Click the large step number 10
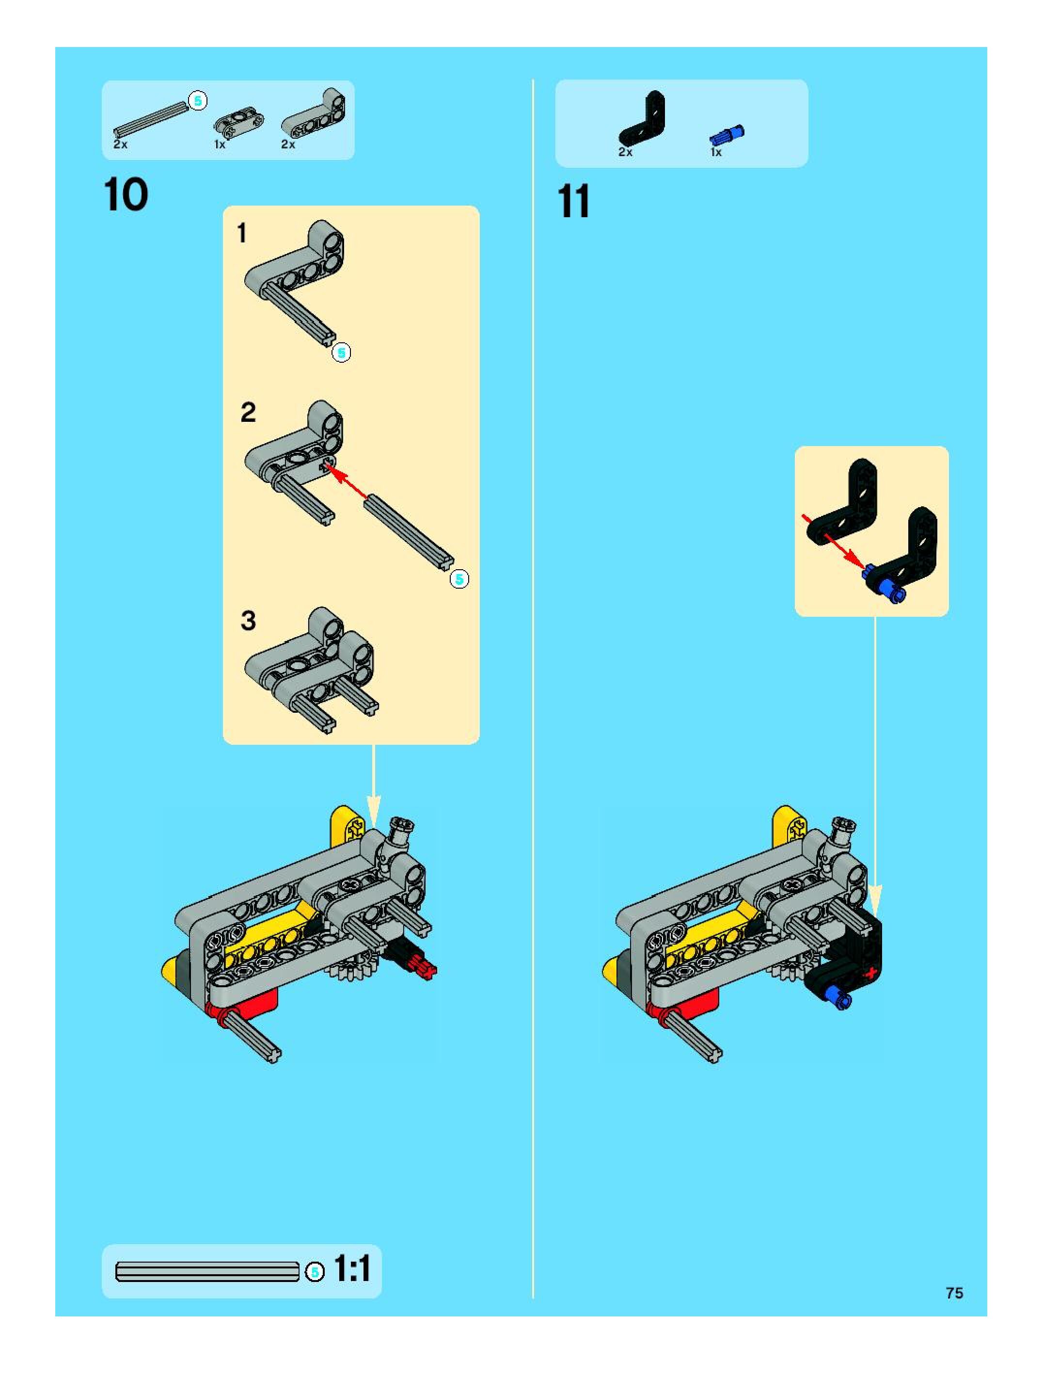click(126, 195)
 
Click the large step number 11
click(573, 202)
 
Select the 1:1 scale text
click(352, 1268)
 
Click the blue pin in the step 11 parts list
click(727, 135)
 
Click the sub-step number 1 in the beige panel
click(242, 234)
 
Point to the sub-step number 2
click(248, 413)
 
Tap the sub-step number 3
click(248, 621)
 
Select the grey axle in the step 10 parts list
click(151, 120)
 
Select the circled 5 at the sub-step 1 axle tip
click(341, 353)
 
